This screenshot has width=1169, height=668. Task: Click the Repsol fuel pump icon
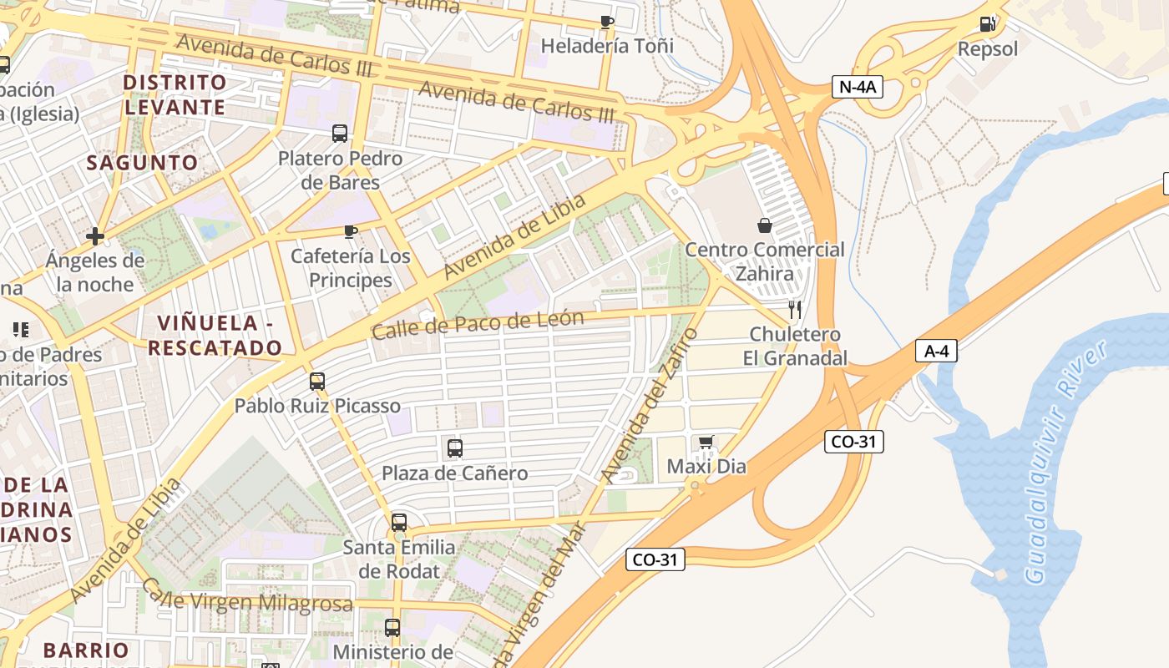[x=987, y=24]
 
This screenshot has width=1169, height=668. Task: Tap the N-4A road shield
[x=858, y=87]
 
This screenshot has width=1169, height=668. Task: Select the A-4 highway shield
[x=935, y=351]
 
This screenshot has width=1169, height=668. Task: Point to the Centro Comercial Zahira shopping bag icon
[x=764, y=225]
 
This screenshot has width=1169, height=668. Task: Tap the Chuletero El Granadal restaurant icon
[x=794, y=310]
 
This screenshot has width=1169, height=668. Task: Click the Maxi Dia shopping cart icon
[x=706, y=442]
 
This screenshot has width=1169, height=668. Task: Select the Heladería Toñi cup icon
[x=607, y=22]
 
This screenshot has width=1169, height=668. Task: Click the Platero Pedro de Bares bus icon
[x=340, y=134]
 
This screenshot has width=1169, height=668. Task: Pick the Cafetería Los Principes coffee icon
[x=351, y=231]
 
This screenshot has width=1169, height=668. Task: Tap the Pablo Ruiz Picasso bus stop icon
[x=316, y=382]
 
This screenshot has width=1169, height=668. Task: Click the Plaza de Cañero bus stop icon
[x=454, y=448]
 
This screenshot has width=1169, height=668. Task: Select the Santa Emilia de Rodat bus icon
[x=399, y=523]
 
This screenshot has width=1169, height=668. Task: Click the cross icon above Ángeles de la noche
[x=95, y=236]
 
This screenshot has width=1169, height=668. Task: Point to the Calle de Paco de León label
[x=477, y=324]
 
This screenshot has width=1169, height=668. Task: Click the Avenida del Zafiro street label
[x=649, y=406]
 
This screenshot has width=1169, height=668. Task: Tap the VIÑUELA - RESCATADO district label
[x=215, y=336]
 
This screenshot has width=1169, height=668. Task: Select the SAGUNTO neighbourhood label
[x=143, y=163]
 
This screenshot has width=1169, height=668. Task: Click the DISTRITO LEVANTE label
[x=175, y=94]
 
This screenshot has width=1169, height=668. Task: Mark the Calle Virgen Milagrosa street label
[x=246, y=599]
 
